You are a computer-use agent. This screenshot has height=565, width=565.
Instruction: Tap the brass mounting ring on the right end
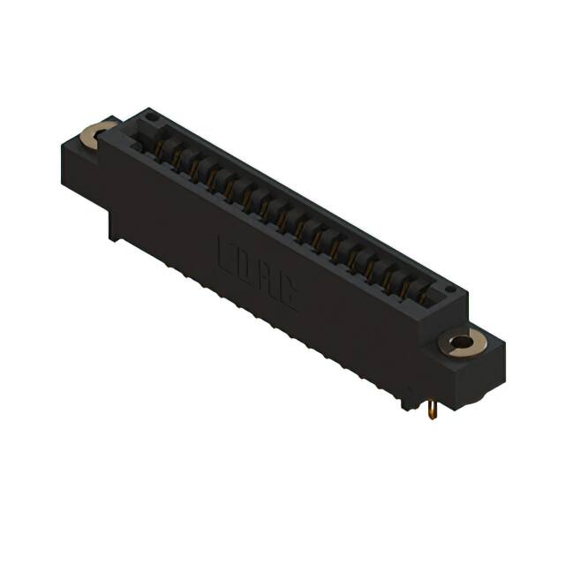click(x=460, y=343)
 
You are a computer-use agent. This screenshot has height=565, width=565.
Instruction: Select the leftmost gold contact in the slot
click(x=162, y=147)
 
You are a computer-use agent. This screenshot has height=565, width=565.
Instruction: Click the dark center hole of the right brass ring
click(x=460, y=343)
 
